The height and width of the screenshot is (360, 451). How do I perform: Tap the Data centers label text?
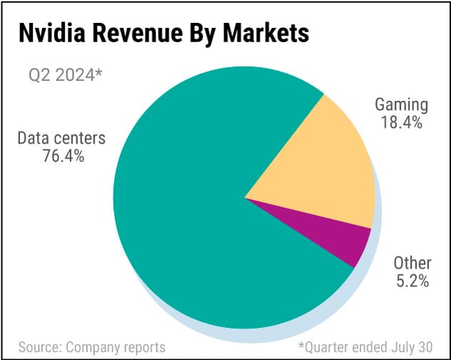click(x=61, y=137)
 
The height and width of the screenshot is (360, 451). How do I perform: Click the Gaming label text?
click(x=402, y=105)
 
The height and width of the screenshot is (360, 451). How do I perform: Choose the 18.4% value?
click(x=402, y=122)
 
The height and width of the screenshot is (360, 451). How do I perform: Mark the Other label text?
click(x=412, y=264)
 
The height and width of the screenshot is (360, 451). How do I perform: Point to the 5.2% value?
click(x=412, y=281)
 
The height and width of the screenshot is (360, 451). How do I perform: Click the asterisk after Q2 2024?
click(x=98, y=73)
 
